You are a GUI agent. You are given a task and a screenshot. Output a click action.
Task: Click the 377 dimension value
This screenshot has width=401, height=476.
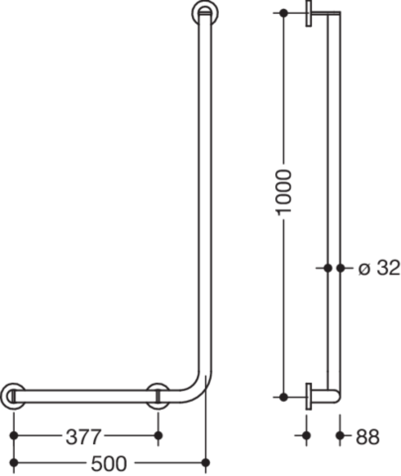[83, 437]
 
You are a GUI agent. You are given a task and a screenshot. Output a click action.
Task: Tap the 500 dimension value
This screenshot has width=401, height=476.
[109, 463]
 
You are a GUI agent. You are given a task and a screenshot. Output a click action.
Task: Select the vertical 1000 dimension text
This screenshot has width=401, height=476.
[283, 192]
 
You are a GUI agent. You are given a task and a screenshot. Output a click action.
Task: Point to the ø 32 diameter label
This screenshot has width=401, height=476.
[379, 268]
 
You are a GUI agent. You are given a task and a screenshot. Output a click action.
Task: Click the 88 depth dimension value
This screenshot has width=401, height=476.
[367, 437]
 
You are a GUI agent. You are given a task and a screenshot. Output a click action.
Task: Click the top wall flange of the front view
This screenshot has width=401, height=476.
[205, 13]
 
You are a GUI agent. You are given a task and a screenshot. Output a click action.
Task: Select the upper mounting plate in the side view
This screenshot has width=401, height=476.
[309, 13]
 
